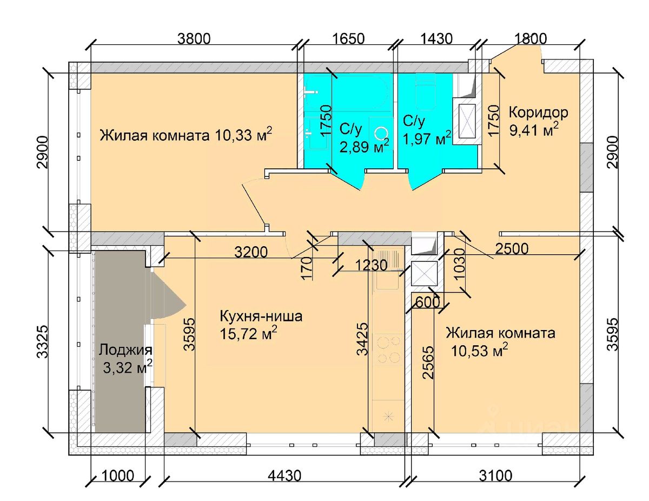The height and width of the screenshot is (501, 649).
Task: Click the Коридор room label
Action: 539,113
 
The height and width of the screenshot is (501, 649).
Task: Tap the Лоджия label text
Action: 125,350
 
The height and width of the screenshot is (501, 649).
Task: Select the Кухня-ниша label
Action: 261,315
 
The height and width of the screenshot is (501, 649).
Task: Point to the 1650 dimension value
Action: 348,38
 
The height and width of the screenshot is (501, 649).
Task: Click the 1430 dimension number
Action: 436,38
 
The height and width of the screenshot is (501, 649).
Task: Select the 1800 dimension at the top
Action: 531,38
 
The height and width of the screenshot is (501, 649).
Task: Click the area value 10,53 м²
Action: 479,351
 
